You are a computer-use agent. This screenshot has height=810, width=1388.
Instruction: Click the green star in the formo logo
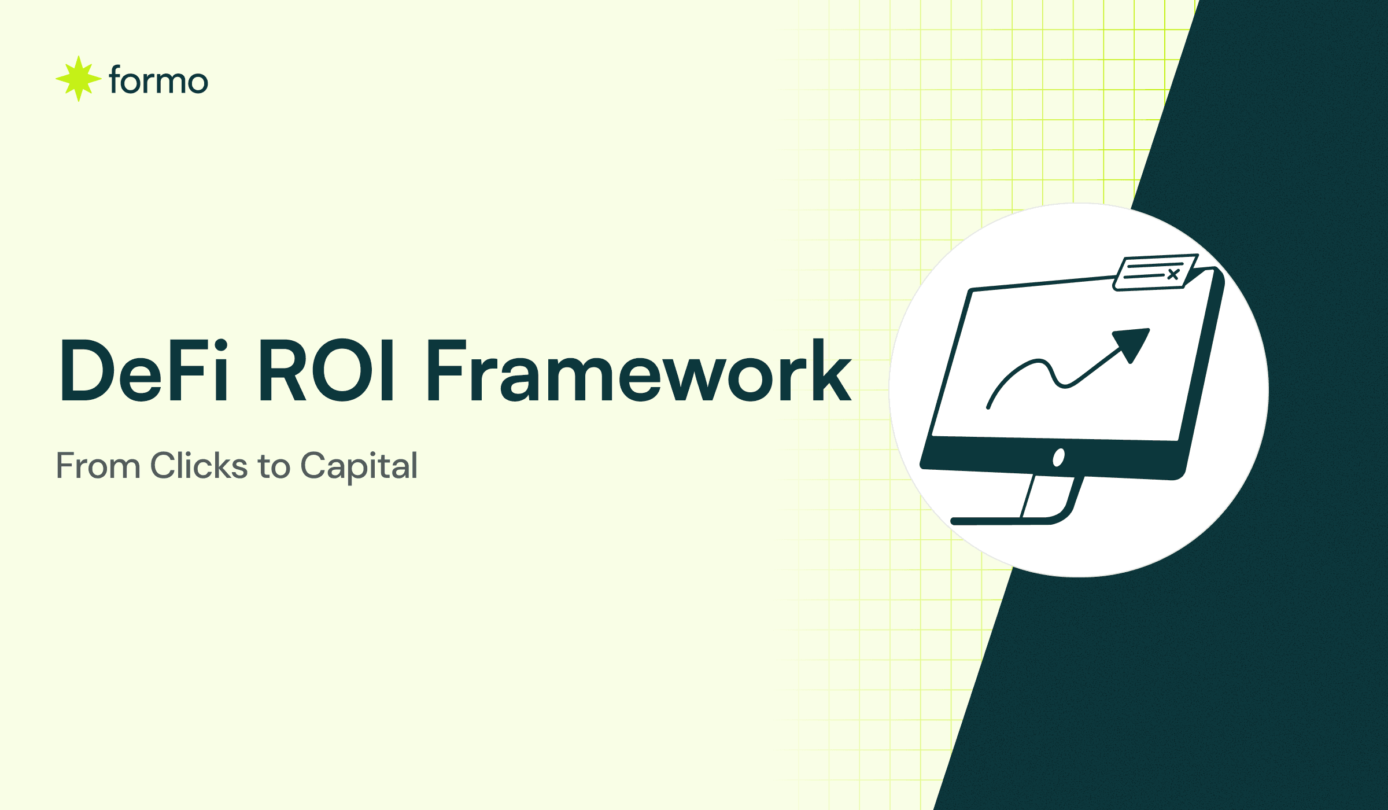pos(78,79)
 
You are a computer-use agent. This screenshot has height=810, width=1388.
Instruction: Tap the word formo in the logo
pos(158,80)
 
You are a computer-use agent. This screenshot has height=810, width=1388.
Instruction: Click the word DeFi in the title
pos(144,371)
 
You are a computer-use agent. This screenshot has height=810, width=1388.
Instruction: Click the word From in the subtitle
pos(98,466)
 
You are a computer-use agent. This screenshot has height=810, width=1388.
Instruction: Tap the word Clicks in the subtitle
pos(199,466)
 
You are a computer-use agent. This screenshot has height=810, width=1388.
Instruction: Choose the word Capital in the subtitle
pos(359,466)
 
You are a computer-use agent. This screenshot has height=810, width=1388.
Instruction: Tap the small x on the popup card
pos(1173,274)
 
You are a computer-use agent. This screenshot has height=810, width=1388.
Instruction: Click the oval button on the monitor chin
pos(1059,458)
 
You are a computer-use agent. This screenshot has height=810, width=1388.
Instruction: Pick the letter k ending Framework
pos(832,371)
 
